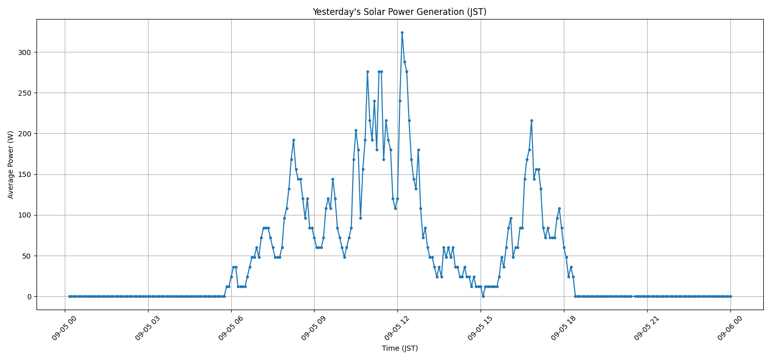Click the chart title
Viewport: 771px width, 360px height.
(x=399, y=12)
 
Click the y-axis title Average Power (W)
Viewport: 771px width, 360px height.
(x=11, y=165)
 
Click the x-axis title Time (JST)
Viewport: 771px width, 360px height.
(x=399, y=348)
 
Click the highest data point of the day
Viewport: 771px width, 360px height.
(x=402, y=32)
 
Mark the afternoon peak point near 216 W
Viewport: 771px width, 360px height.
(x=531, y=120)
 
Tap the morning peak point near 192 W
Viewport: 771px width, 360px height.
(x=293, y=140)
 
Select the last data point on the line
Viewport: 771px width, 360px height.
(x=730, y=296)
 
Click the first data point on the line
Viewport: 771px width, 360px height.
(x=69, y=296)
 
